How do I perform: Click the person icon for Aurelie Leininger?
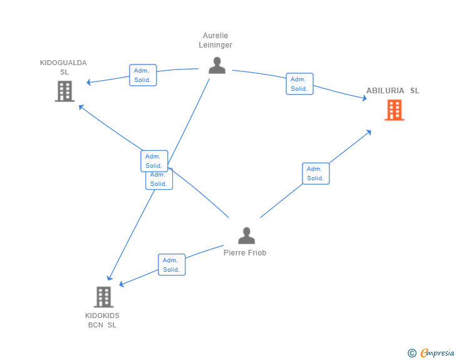(217, 66)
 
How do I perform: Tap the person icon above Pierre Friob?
(246, 235)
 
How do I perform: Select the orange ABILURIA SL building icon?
(395, 110)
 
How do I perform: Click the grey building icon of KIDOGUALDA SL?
(65, 91)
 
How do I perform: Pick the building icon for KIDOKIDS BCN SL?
(103, 297)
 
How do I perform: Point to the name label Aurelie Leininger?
(215, 40)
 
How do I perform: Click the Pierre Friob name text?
(245, 253)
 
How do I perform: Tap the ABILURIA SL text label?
(393, 91)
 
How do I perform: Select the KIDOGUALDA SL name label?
(63, 67)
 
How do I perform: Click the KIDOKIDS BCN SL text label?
(102, 320)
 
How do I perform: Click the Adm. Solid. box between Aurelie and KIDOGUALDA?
(143, 75)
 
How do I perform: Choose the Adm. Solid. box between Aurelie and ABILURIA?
(299, 84)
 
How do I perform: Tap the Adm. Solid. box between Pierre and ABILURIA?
(316, 173)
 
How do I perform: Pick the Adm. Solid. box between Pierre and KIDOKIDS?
(172, 265)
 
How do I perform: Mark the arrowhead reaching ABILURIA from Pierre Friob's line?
(369, 132)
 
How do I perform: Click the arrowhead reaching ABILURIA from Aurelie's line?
(365, 98)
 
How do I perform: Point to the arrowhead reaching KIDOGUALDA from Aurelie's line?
(89, 82)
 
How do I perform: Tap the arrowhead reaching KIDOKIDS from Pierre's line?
(122, 284)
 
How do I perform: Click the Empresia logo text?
(437, 352)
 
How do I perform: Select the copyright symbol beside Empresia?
(412, 353)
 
